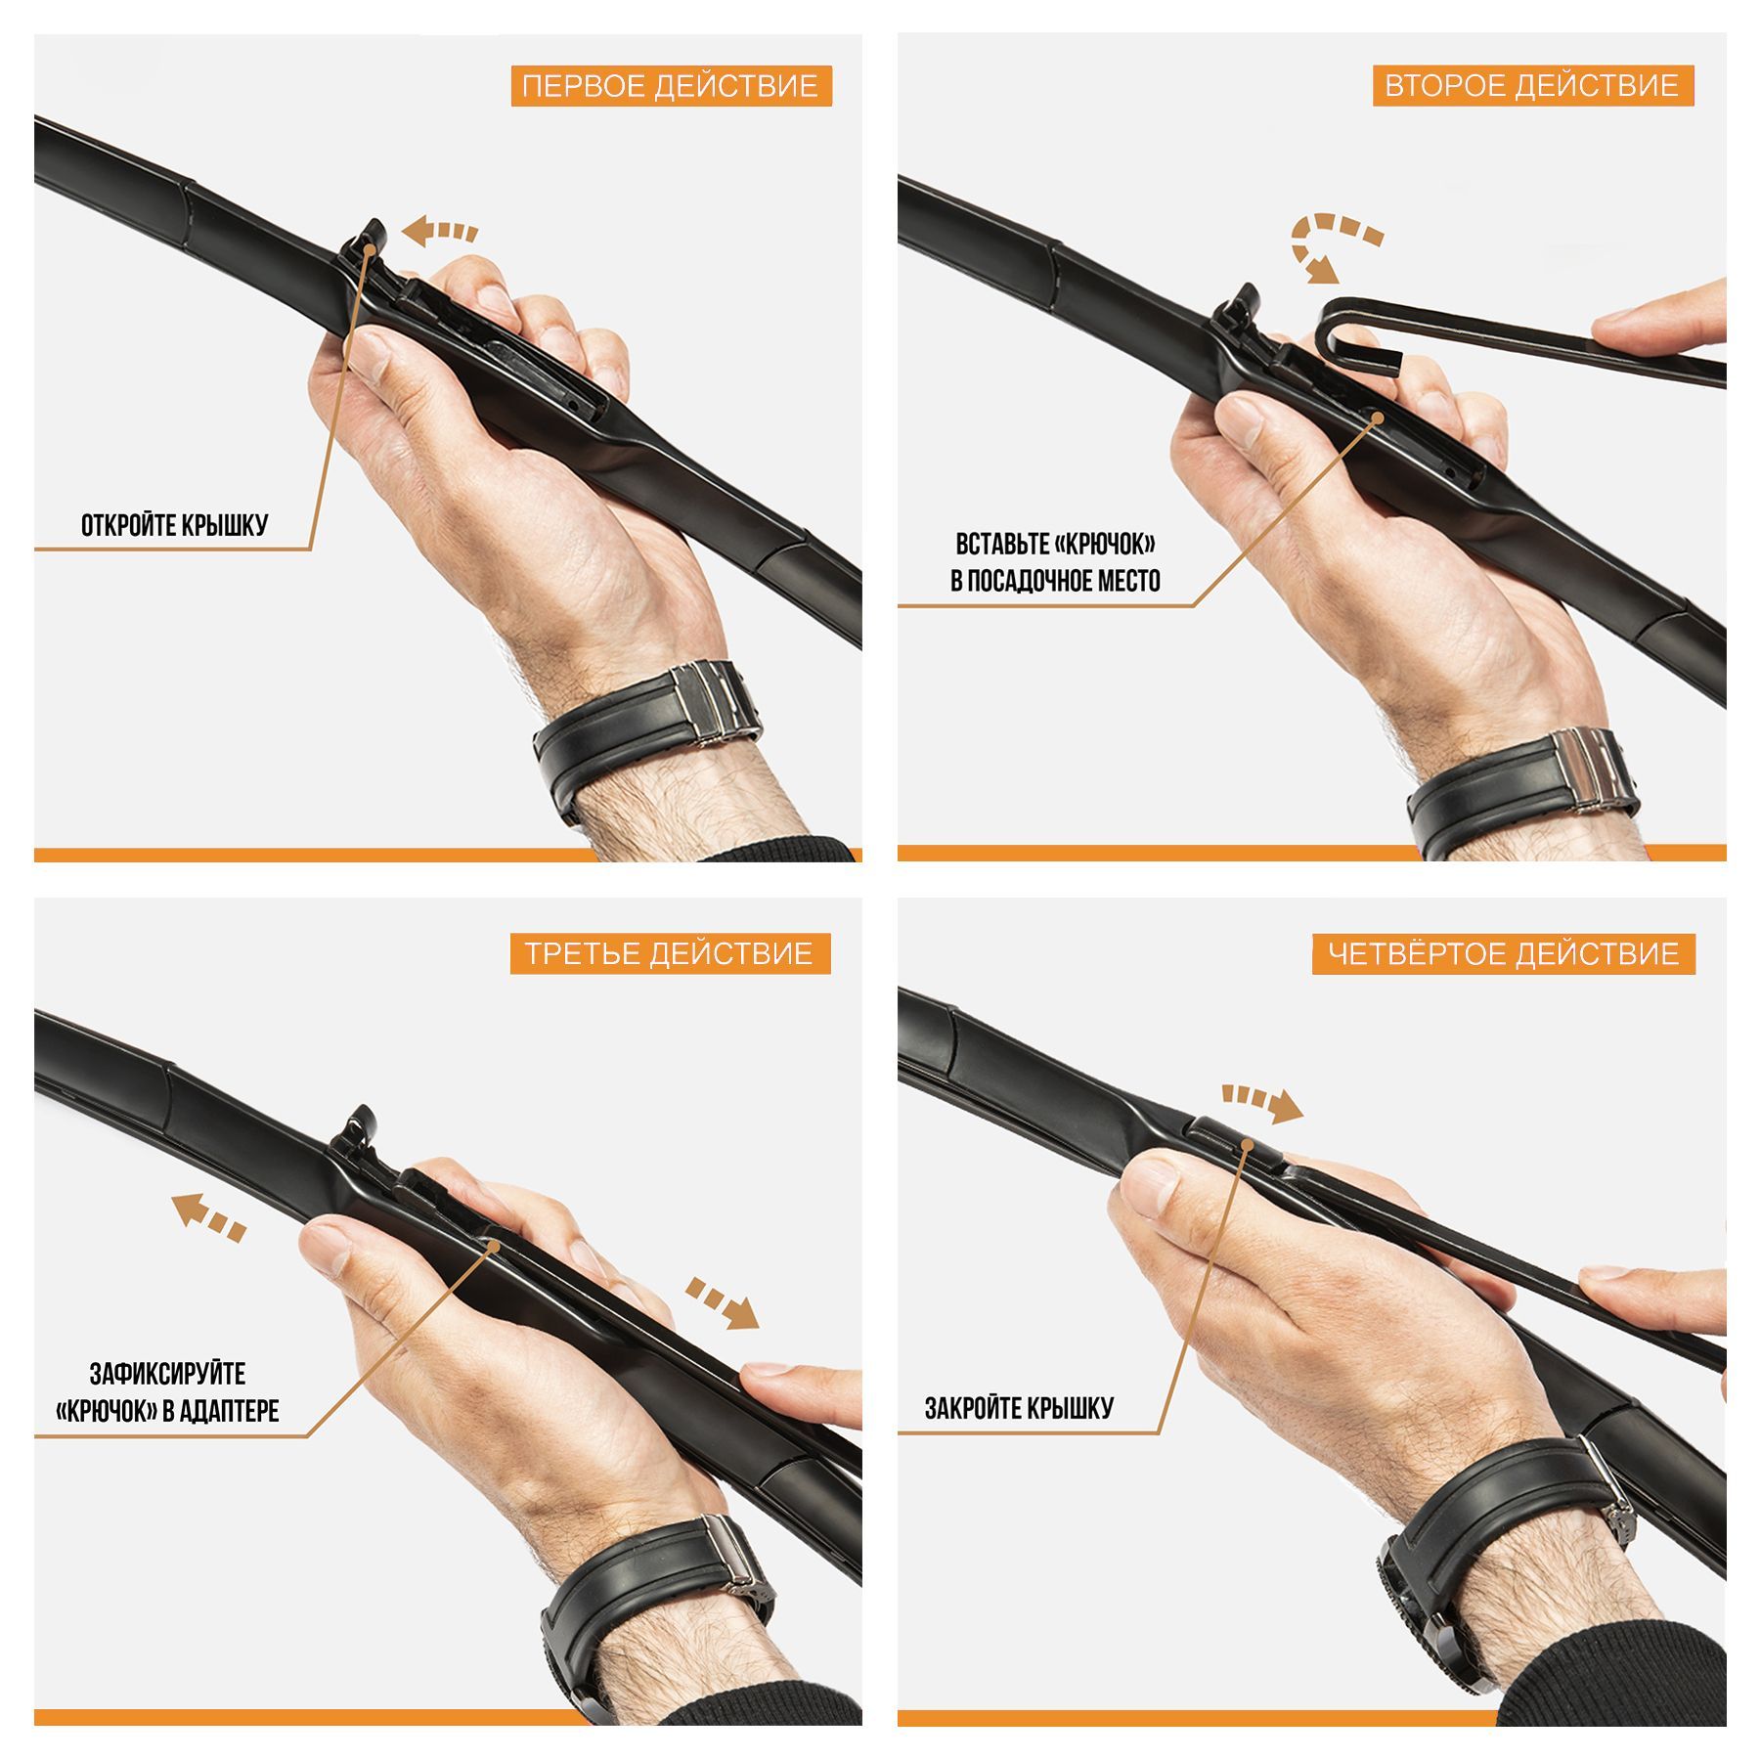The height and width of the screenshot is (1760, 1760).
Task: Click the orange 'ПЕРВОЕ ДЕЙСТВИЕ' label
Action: [671, 86]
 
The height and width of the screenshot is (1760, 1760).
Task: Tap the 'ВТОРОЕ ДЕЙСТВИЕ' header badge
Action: [1532, 86]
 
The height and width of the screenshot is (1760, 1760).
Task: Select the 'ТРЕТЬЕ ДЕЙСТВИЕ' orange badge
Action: [670, 953]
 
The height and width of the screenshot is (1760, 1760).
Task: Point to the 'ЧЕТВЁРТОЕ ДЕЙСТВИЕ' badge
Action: [1504, 953]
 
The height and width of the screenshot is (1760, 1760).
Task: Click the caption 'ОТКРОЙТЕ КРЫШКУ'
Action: [174, 525]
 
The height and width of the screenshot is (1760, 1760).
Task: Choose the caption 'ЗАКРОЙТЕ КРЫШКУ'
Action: [1020, 1408]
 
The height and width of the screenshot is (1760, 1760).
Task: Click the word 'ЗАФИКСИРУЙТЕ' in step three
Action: [167, 1374]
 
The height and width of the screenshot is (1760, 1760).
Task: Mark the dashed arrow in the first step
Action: [440, 232]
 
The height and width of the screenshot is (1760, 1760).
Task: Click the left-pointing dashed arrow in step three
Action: [208, 1216]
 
